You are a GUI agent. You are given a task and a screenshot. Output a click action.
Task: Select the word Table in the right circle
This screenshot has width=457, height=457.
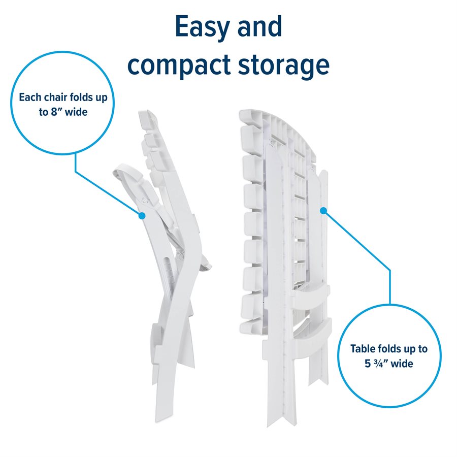(x=363, y=349)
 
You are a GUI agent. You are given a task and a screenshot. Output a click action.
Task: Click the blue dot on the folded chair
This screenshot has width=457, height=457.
(x=142, y=216)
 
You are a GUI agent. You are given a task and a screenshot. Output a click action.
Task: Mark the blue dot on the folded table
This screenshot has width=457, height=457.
(x=322, y=209)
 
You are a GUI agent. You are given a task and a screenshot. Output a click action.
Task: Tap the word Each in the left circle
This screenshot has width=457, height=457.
(x=30, y=96)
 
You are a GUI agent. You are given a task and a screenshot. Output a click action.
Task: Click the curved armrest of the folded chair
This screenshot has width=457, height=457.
(x=127, y=173)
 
